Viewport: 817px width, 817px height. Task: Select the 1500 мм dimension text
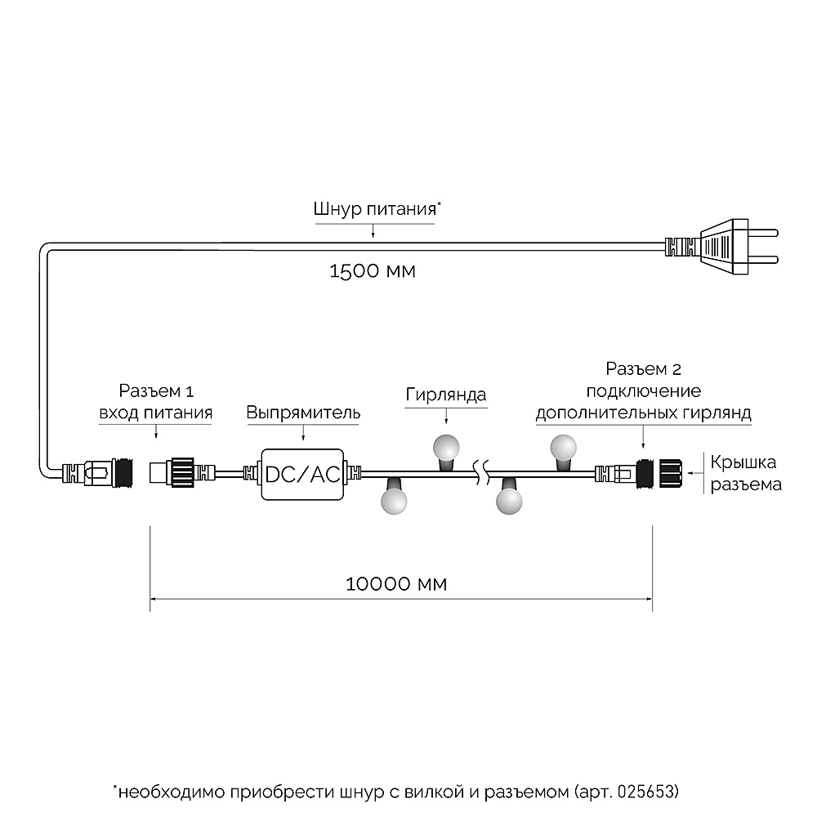pos(372,270)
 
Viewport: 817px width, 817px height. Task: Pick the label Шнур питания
pos(375,208)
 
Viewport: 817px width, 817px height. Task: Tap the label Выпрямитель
pos(303,413)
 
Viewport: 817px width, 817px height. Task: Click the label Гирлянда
pos(446,395)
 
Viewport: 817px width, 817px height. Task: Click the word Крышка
pos(743,462)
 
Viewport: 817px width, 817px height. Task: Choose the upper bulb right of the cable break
pos(563,449)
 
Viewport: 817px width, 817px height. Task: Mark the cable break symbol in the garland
pos(483,472)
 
